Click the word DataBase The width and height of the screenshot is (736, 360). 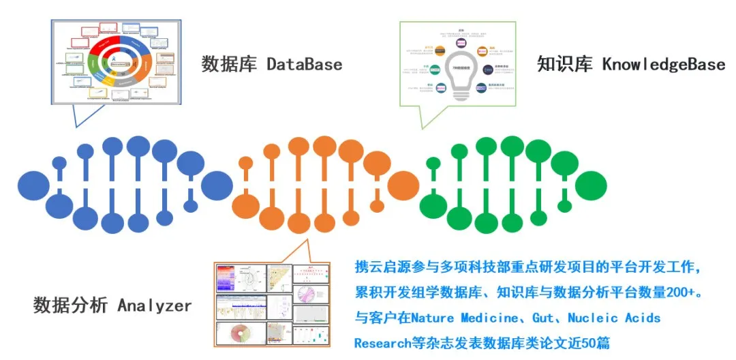(x=304, y=65)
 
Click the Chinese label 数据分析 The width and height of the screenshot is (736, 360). (x=70, y=306)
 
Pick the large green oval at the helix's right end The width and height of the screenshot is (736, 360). (x=590, y=183)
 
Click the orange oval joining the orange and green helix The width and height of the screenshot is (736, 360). (x=402, y=184)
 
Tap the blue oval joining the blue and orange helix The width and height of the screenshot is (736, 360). (x=217, y=185)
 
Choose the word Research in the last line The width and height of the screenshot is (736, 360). (x=379, y=343)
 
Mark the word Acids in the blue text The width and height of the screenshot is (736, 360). (x=645, y=318)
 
